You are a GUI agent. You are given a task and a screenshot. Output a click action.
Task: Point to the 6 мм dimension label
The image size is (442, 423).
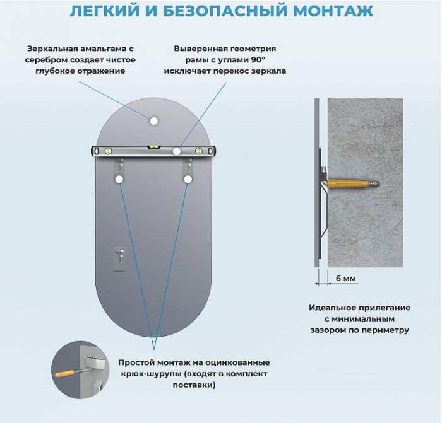click(x=345, y=278)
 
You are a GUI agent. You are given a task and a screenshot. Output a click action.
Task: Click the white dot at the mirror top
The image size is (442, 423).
click(x=153, y=120)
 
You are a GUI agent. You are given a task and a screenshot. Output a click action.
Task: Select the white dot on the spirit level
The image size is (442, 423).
click(x=176, y=151)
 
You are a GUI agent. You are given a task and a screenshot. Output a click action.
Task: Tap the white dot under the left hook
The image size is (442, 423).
click(x=119, y=180)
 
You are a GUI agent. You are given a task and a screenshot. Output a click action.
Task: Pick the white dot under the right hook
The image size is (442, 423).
click(x=188, y=180)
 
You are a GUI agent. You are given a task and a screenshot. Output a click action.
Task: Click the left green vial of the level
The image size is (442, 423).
click(x=109, y=151)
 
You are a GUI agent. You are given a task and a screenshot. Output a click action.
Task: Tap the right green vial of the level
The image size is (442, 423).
click(x=200, y=151)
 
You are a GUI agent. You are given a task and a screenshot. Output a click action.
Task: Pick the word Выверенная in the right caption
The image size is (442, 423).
click(x=198, y=49)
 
